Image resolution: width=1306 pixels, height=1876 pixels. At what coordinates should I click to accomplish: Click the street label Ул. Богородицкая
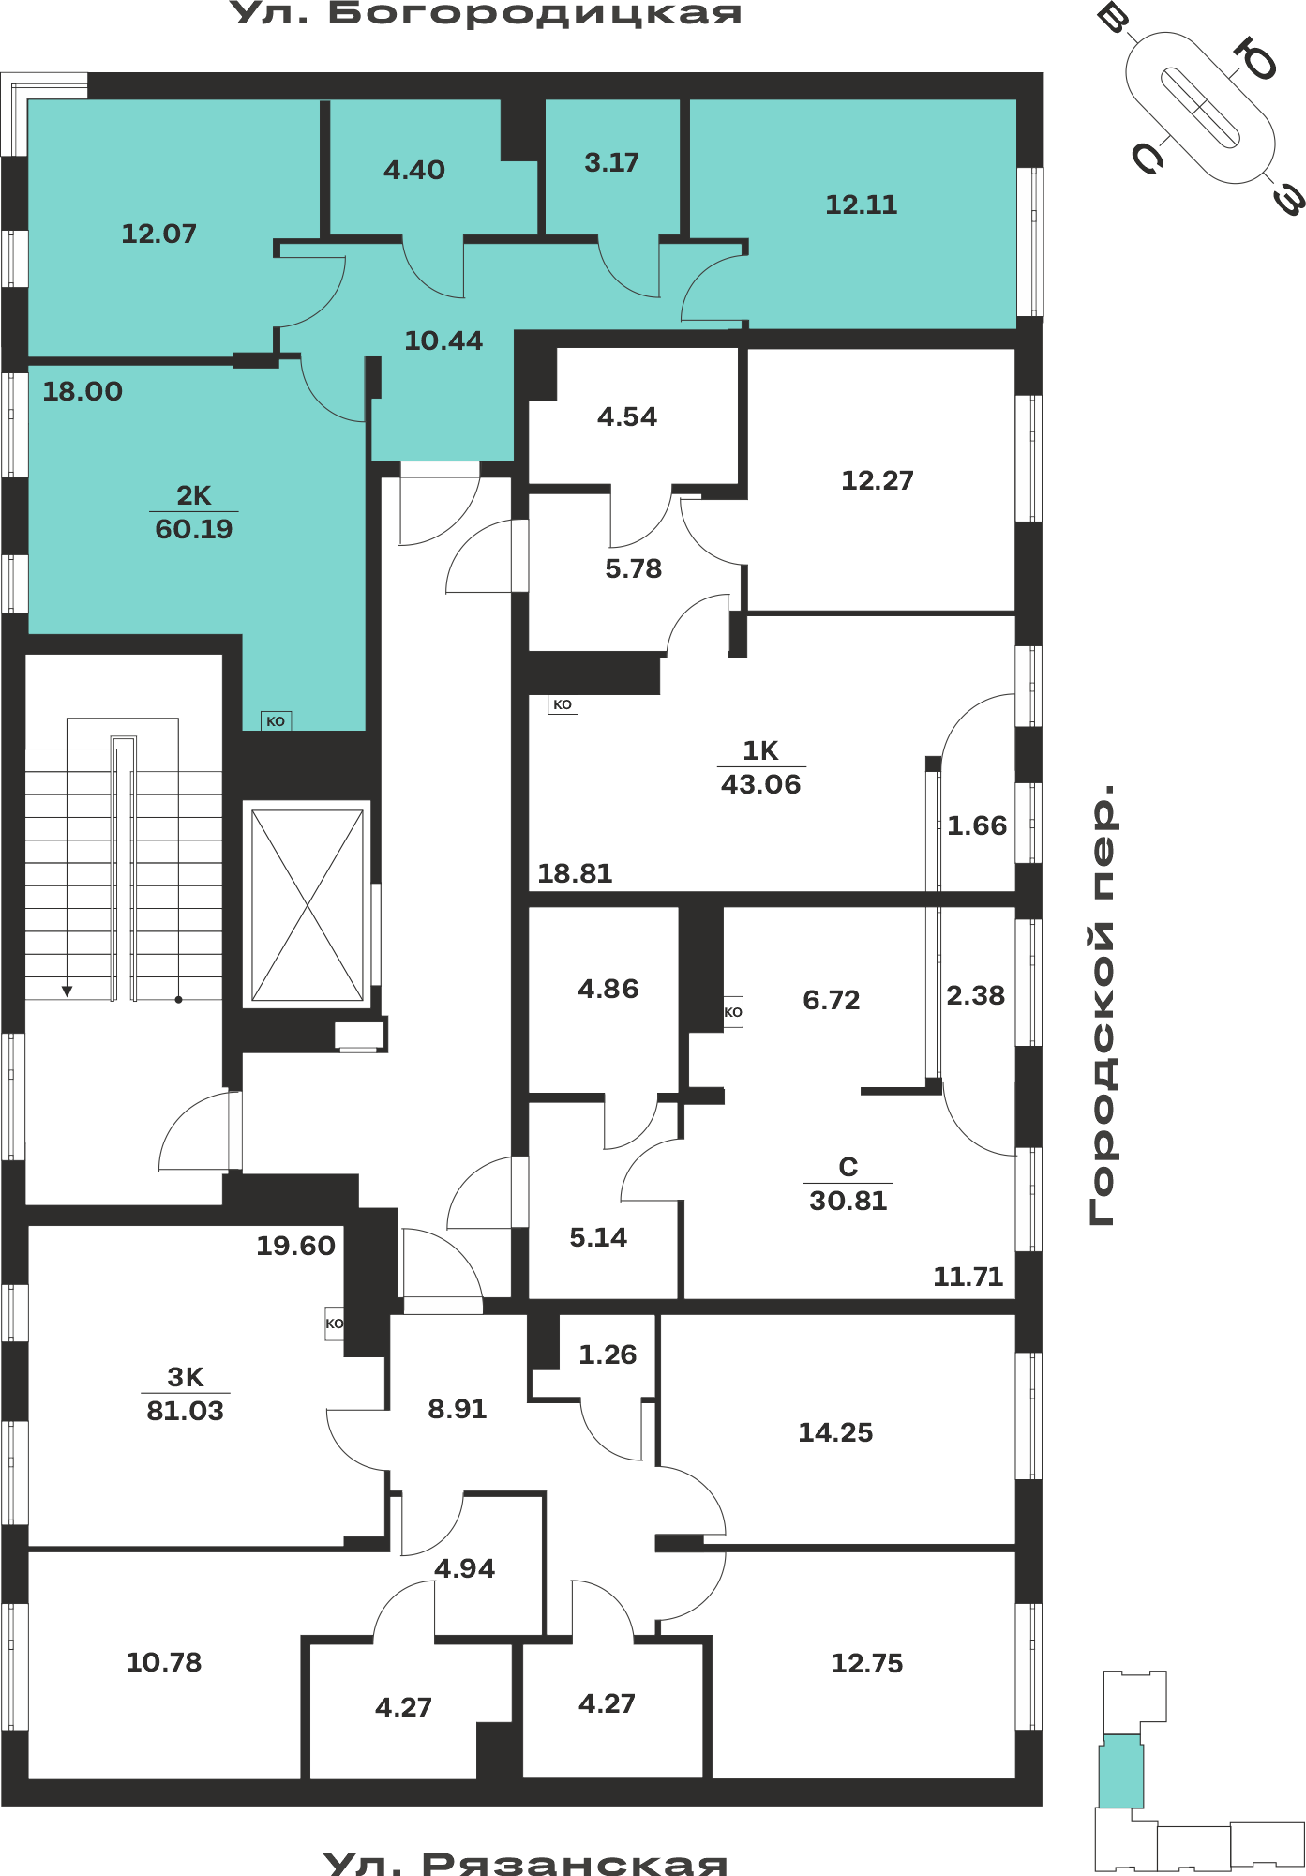click(x=486, y=13)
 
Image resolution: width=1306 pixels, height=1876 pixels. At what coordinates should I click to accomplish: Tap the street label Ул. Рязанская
click(x=525, y=1862)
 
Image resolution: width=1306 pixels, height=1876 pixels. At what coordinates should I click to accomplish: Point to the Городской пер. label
click(x=1103, y=1005)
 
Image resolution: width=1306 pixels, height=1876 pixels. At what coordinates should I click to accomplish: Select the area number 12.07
click(x=159, y=234)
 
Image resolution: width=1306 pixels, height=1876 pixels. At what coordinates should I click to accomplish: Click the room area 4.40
click(x=414, y=170)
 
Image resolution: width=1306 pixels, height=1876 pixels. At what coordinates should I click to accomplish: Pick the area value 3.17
click(x=612, y=162)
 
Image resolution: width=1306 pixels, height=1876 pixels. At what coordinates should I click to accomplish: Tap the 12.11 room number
click(x=862, y=204)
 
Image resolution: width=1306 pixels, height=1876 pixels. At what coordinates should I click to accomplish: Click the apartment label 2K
click(x=194, y=495)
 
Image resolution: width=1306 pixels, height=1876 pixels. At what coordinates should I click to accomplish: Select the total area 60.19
click(x=194, y=529)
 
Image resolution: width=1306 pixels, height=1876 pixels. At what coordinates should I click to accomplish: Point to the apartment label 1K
click(x=761, y=750)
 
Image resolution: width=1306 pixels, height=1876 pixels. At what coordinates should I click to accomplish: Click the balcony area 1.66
click(x=977, y=825)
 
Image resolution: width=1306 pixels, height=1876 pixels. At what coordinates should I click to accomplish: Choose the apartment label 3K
click(x=186, y=1377)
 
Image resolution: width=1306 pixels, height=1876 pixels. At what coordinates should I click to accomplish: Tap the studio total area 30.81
click(x=848, y=1201)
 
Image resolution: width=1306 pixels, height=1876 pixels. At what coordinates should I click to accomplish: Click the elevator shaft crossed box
click(x=308, y=905)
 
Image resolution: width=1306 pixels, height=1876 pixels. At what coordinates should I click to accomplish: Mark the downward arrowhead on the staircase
click(x=68, y=991)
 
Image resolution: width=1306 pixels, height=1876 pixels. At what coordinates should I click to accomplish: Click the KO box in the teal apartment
click(x=276, y=721)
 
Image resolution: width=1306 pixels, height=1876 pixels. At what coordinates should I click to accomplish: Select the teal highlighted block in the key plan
click(x=1121, y=1771)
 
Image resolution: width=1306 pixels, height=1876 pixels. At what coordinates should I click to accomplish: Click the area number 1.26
click(x=608, y=1354)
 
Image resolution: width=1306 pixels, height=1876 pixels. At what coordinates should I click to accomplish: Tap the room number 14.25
click(x=835, y=1432)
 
